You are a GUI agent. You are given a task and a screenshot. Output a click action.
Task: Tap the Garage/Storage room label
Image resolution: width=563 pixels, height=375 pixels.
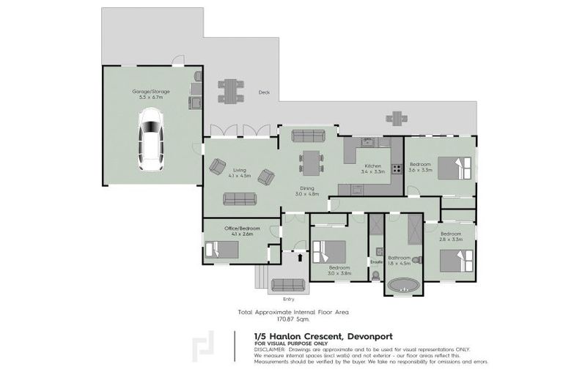coord(151,94)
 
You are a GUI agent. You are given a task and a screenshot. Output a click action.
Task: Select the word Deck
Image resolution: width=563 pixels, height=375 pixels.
coord(265,92)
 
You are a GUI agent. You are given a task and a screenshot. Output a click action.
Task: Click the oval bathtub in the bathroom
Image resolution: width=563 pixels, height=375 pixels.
coord(403,285)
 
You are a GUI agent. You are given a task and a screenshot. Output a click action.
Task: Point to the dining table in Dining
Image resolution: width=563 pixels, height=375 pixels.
coord(311,161)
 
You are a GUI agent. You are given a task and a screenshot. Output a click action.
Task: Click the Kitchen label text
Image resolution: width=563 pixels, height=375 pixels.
coord(372,166)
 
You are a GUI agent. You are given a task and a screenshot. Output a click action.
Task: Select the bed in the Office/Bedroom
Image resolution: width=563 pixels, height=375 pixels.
coord(221,250)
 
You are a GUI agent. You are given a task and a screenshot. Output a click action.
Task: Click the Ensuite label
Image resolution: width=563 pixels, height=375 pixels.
coord(376,261)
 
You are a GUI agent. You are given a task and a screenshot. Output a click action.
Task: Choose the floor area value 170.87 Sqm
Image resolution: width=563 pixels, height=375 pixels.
coord(292,319)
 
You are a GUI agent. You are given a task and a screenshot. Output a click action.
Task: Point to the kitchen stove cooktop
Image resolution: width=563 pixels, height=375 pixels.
coord(397,168)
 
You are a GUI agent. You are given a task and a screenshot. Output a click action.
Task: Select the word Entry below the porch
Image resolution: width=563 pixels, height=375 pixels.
coord(289,299)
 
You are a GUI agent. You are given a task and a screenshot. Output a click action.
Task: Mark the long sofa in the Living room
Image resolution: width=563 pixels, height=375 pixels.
coord(240,198)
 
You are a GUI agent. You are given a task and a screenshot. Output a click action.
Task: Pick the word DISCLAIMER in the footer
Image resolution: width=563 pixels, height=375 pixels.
coord(271,349)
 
